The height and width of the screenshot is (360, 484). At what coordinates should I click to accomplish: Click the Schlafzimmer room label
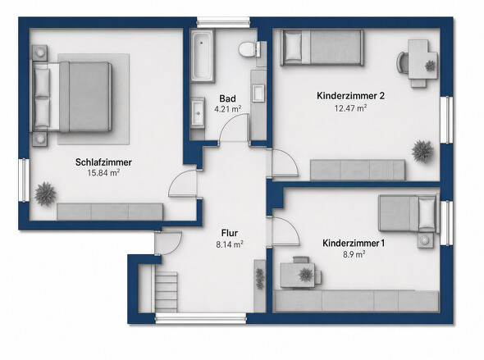click(103, 162)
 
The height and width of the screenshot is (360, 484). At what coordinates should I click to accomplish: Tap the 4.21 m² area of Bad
click(228, 109)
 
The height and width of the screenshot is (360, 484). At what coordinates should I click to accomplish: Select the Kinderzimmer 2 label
click(350, 96)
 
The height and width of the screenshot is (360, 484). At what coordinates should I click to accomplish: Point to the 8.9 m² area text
click(354, 254)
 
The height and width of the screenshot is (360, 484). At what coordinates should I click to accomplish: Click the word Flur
click(230, 233)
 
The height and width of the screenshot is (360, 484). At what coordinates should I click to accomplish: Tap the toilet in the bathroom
click(250, 49)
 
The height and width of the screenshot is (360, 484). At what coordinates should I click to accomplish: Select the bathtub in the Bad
click(202, 56)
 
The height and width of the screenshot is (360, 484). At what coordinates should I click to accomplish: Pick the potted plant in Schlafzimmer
click(45, 194)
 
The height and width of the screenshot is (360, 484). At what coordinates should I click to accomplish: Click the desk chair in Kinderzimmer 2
click(402, 62)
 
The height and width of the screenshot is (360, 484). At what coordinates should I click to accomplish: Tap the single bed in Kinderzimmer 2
click(322, 48)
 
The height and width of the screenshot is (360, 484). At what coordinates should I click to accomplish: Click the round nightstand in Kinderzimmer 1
click(426, 240)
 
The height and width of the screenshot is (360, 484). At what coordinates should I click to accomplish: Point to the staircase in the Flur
click(165, 292)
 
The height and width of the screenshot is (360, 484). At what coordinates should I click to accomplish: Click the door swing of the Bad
click(234, 128)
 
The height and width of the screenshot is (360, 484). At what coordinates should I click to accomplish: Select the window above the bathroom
click(223, 22)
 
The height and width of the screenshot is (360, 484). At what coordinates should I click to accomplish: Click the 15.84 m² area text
click(103, 173)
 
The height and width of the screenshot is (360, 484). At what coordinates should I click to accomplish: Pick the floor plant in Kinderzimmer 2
click(422, 151)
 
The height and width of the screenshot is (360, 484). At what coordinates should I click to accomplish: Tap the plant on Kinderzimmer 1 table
click(305, 274)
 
